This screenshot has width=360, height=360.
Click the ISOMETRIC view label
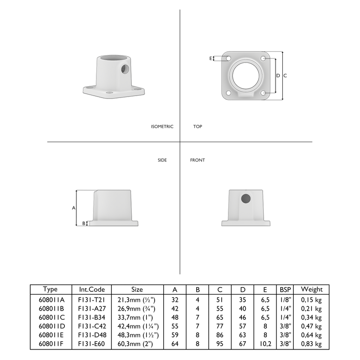click(x=162, y=127)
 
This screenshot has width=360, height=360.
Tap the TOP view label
click(x=198, y=127)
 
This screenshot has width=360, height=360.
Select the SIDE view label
click(x=162, y=160)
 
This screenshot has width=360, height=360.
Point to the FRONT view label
click(x=197, y=160)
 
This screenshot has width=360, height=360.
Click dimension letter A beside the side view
click(x=73, y=208)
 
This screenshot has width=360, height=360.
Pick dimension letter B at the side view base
click(x=84, y=223)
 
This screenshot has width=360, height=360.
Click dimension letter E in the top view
click(x=210, y=58)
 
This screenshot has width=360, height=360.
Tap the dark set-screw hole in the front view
click(x=245, y=199)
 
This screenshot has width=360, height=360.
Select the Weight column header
click(x=311, y=289)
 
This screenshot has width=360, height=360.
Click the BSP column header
click(x=285, y=289)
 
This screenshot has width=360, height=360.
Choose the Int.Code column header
click(x=91, y=289)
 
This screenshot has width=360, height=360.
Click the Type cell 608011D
click(x=50, y=325)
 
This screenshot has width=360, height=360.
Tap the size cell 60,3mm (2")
click(x=137, y=344)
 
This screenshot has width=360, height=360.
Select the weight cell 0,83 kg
click(x=311, y=344)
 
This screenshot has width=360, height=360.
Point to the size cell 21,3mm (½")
click(x=137, y=299)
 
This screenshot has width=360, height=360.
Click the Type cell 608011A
click(x=50, y=299)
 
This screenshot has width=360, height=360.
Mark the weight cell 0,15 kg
click(x=311, y=299)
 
